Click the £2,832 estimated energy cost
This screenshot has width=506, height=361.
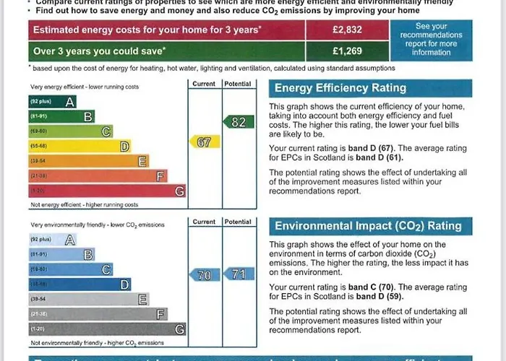(346, 30)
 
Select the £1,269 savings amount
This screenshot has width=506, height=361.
(346, 51)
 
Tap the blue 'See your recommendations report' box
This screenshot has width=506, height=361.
(431, 39)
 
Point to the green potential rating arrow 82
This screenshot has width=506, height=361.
(238, 122)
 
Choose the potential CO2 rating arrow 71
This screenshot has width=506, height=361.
(238, 274)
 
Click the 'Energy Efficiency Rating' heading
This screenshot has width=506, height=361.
(340, 88)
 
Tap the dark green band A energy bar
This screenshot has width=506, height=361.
(52, 102)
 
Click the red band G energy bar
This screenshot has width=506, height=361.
(106, 191)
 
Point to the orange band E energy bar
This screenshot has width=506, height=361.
(88, 161)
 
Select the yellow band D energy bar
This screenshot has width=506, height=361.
(80, 147)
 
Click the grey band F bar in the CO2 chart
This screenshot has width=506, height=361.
(98, 314)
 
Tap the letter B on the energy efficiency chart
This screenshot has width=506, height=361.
(87, 116)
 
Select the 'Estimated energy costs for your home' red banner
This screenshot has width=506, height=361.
(166, 30)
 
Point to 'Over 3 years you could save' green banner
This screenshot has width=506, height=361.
(166, 51)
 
